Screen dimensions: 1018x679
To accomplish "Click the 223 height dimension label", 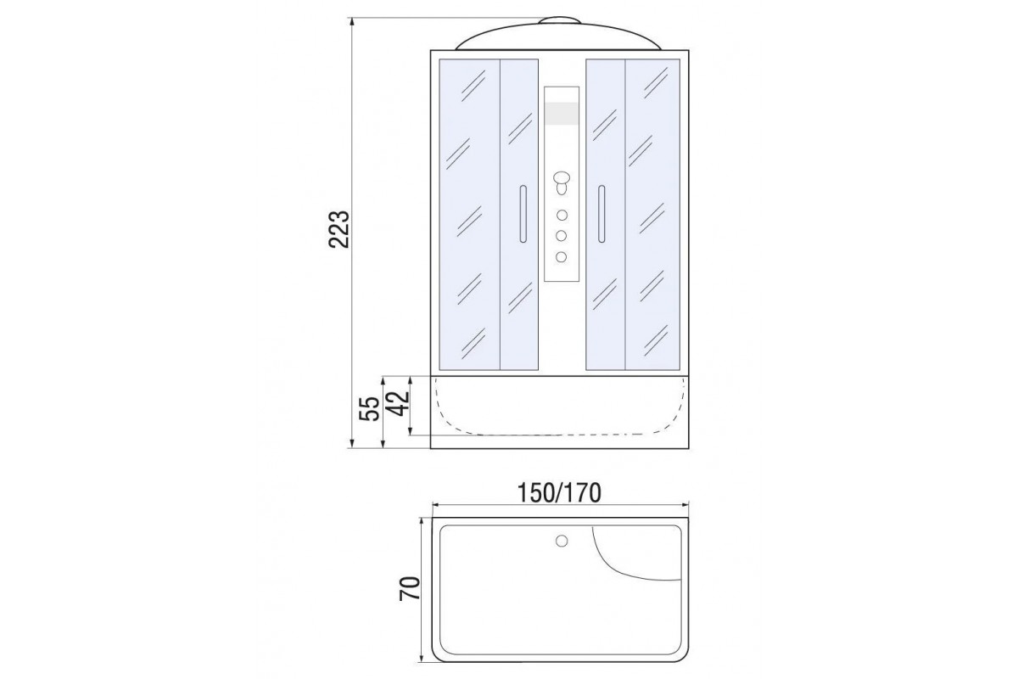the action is click(339, 230).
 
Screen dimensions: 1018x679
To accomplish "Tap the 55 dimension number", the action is click(370, 409).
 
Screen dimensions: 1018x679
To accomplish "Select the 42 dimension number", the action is click(400, 403).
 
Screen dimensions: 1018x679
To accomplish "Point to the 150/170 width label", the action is click(559, 493).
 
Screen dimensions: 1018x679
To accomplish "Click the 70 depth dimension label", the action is click(410, 588).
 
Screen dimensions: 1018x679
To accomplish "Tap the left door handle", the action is click(523, 214).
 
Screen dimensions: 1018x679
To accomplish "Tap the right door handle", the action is click(601, 214).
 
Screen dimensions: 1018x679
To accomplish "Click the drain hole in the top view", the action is click(562, 541).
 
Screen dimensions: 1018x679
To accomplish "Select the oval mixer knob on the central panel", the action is click(562, 177).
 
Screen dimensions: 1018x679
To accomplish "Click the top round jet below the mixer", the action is click(562, 215).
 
